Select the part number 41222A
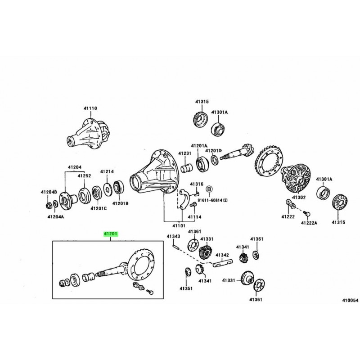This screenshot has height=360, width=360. [x=309, y=223]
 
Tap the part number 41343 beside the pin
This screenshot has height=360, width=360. [x=174, y=236]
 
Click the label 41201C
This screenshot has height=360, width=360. [x=98, y=208]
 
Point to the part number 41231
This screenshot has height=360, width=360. [x=184, y=153]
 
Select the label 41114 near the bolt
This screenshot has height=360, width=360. [x=194, y=216]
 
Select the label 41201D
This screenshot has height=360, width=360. [x=215, y=150]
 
